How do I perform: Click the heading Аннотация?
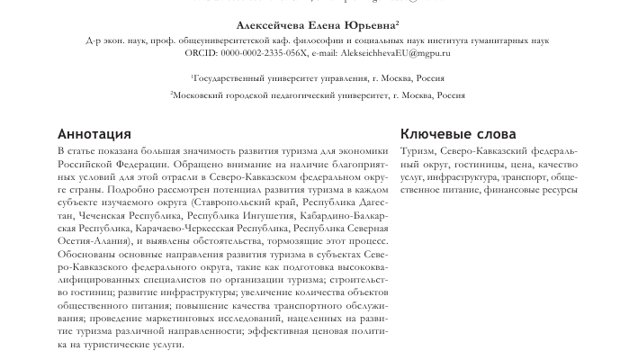[94, 134]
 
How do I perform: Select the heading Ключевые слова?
[458, 134]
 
